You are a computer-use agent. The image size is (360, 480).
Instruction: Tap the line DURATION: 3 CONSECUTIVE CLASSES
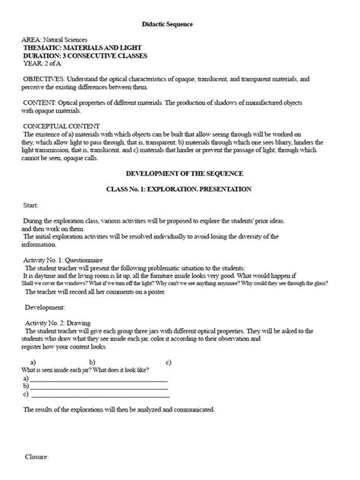[85, 56]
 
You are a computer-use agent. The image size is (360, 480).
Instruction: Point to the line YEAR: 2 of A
[44, 65]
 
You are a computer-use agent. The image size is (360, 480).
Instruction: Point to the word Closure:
[37, 458]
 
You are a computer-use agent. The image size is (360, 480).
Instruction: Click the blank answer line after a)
[99, 377]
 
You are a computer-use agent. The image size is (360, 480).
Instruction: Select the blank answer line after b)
[99, 386]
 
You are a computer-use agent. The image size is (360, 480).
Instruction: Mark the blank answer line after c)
[99, 394]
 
